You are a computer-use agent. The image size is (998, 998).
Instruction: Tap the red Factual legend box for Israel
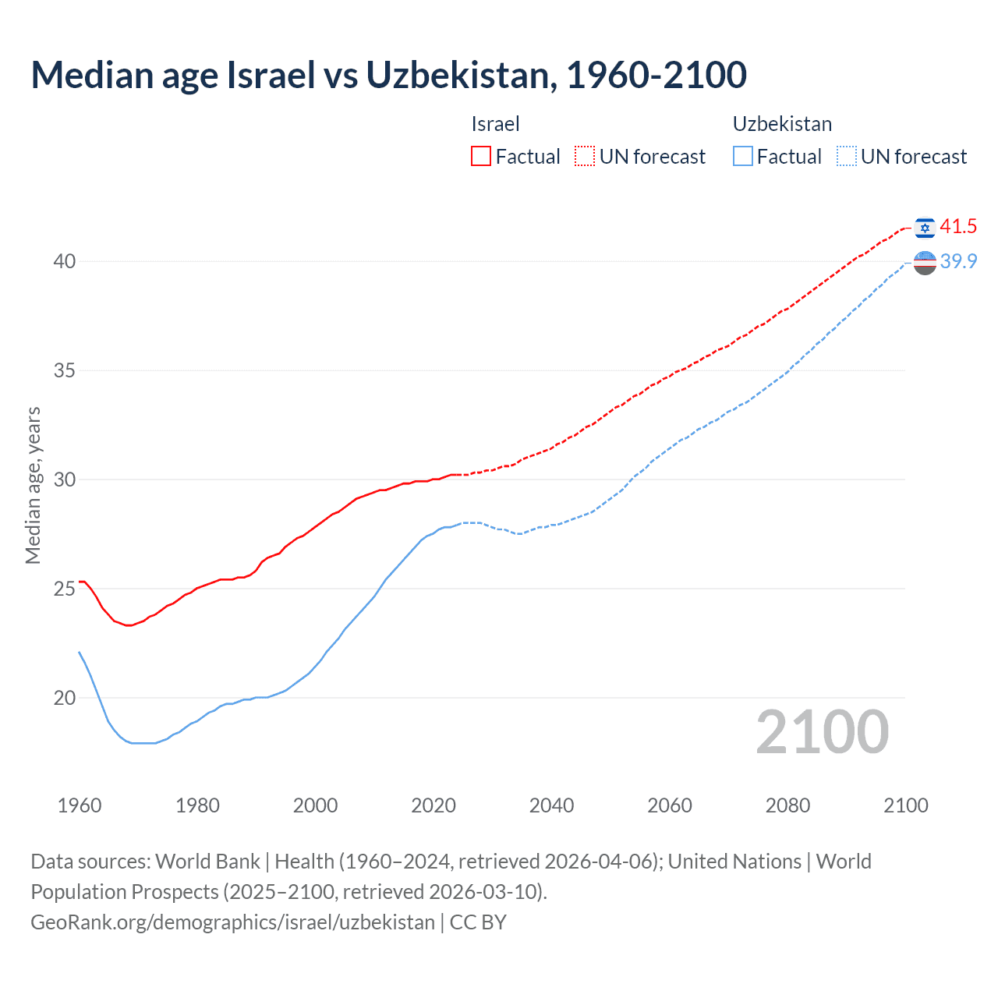pos(481,156)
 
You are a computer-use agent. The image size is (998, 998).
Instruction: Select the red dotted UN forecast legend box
pos(585,156)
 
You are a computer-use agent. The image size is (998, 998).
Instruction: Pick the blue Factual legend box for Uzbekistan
pos(743,156)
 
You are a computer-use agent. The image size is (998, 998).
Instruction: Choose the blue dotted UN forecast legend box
pos(847,156)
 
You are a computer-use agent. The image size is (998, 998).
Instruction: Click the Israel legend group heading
pos(495,124)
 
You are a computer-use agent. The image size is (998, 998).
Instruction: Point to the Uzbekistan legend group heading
pos(782,124)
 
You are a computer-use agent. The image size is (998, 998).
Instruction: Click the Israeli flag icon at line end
pos(925,227)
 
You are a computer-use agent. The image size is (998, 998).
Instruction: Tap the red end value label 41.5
pos(958,226)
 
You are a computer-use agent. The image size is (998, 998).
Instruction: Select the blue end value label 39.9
pos(958,261)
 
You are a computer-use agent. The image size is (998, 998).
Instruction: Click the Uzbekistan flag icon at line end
pos(925,263)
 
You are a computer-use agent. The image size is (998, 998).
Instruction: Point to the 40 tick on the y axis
pos(65,261)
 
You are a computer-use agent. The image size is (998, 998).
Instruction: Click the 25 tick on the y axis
pos(65,589)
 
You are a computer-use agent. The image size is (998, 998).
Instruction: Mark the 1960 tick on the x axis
pos(80,805)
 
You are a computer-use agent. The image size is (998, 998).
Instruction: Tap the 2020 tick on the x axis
pos(434,805)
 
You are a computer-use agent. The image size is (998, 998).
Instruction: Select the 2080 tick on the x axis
pos(787,805)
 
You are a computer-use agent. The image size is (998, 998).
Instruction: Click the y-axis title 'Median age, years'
pos(33,485)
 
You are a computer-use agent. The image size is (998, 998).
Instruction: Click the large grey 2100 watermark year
pos(822,731)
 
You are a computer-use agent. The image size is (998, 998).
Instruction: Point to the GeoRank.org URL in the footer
pos(232,922)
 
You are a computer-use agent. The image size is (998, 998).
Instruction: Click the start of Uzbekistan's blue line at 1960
pos(80,652)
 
